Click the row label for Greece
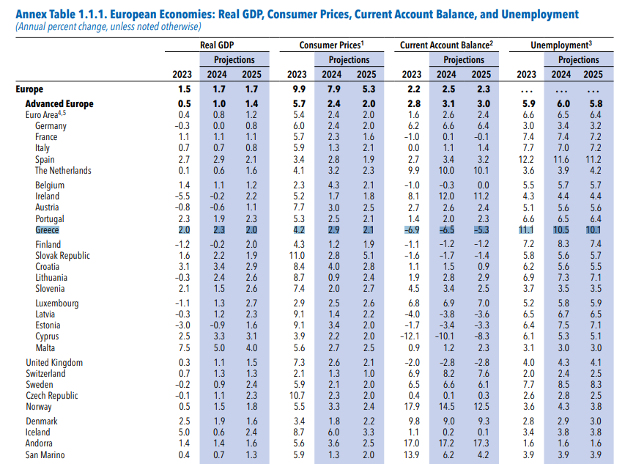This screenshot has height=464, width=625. pos(47,229)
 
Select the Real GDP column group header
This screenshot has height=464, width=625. pos(217,45)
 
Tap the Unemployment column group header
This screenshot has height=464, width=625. pos(561,45)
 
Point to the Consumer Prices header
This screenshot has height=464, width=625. pos(332,45)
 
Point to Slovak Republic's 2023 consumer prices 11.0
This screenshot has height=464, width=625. pos(296,255)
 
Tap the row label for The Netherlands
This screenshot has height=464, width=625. pos(63,170)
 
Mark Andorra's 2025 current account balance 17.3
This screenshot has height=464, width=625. pos(481,444)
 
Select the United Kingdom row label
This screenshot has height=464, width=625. pos(54,362)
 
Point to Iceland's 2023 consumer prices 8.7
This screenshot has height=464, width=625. pos(297,432)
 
